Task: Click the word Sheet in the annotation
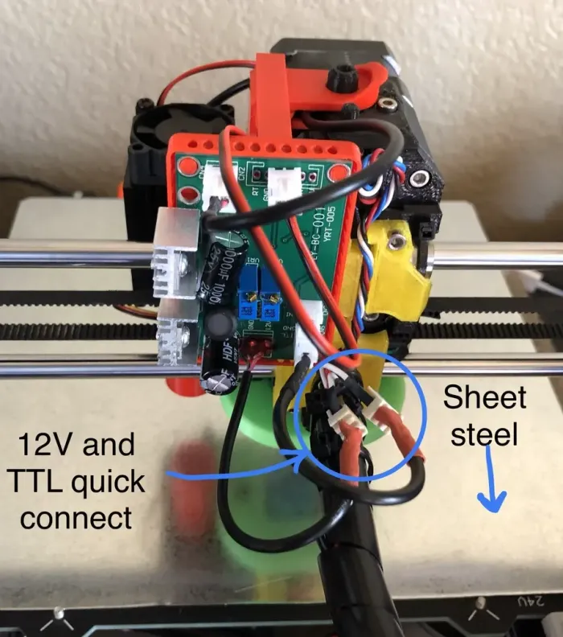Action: coord(485,397)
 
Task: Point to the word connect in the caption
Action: coord(76,517)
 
